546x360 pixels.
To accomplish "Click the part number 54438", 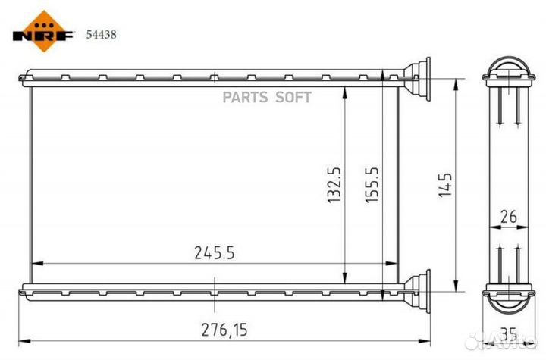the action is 102,34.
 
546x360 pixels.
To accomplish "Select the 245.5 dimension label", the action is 215,253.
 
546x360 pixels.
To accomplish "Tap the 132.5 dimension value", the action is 334,185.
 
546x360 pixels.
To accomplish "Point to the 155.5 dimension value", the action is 372,185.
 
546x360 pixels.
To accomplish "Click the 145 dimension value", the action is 445,185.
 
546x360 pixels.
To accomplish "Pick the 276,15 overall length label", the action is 224,330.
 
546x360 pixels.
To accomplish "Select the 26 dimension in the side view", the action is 509,217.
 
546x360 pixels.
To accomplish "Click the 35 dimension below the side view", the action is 509,333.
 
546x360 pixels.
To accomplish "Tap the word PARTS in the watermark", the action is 245,98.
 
